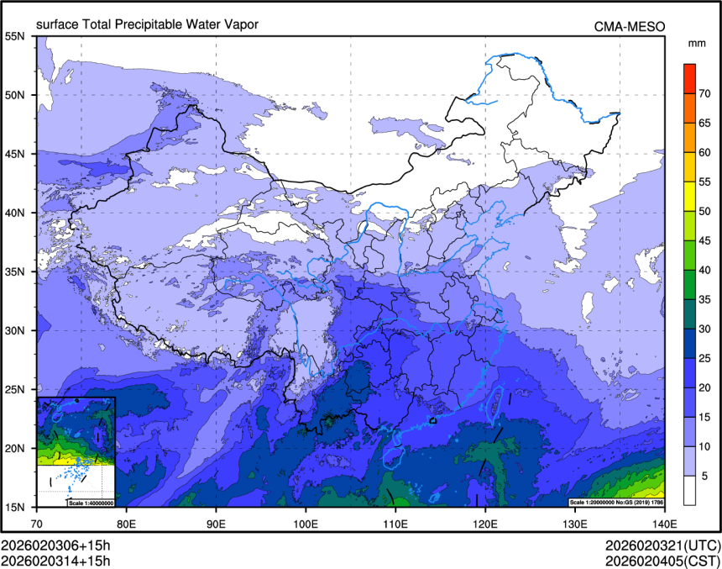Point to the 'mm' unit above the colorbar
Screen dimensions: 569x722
(x=696, y=42)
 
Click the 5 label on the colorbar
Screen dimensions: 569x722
(x=704, y=476)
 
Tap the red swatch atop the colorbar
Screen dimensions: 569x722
(x=689, y=71)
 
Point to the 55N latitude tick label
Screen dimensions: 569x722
(x=16, y=36)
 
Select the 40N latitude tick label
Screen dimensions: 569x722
(x=16, y=213)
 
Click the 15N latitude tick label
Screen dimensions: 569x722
(x=16, y=507)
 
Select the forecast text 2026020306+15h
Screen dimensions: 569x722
(x=55, y=545)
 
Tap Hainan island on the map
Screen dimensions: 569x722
(x=391, y=455)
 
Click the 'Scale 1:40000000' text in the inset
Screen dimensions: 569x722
(x=90, y=503)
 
